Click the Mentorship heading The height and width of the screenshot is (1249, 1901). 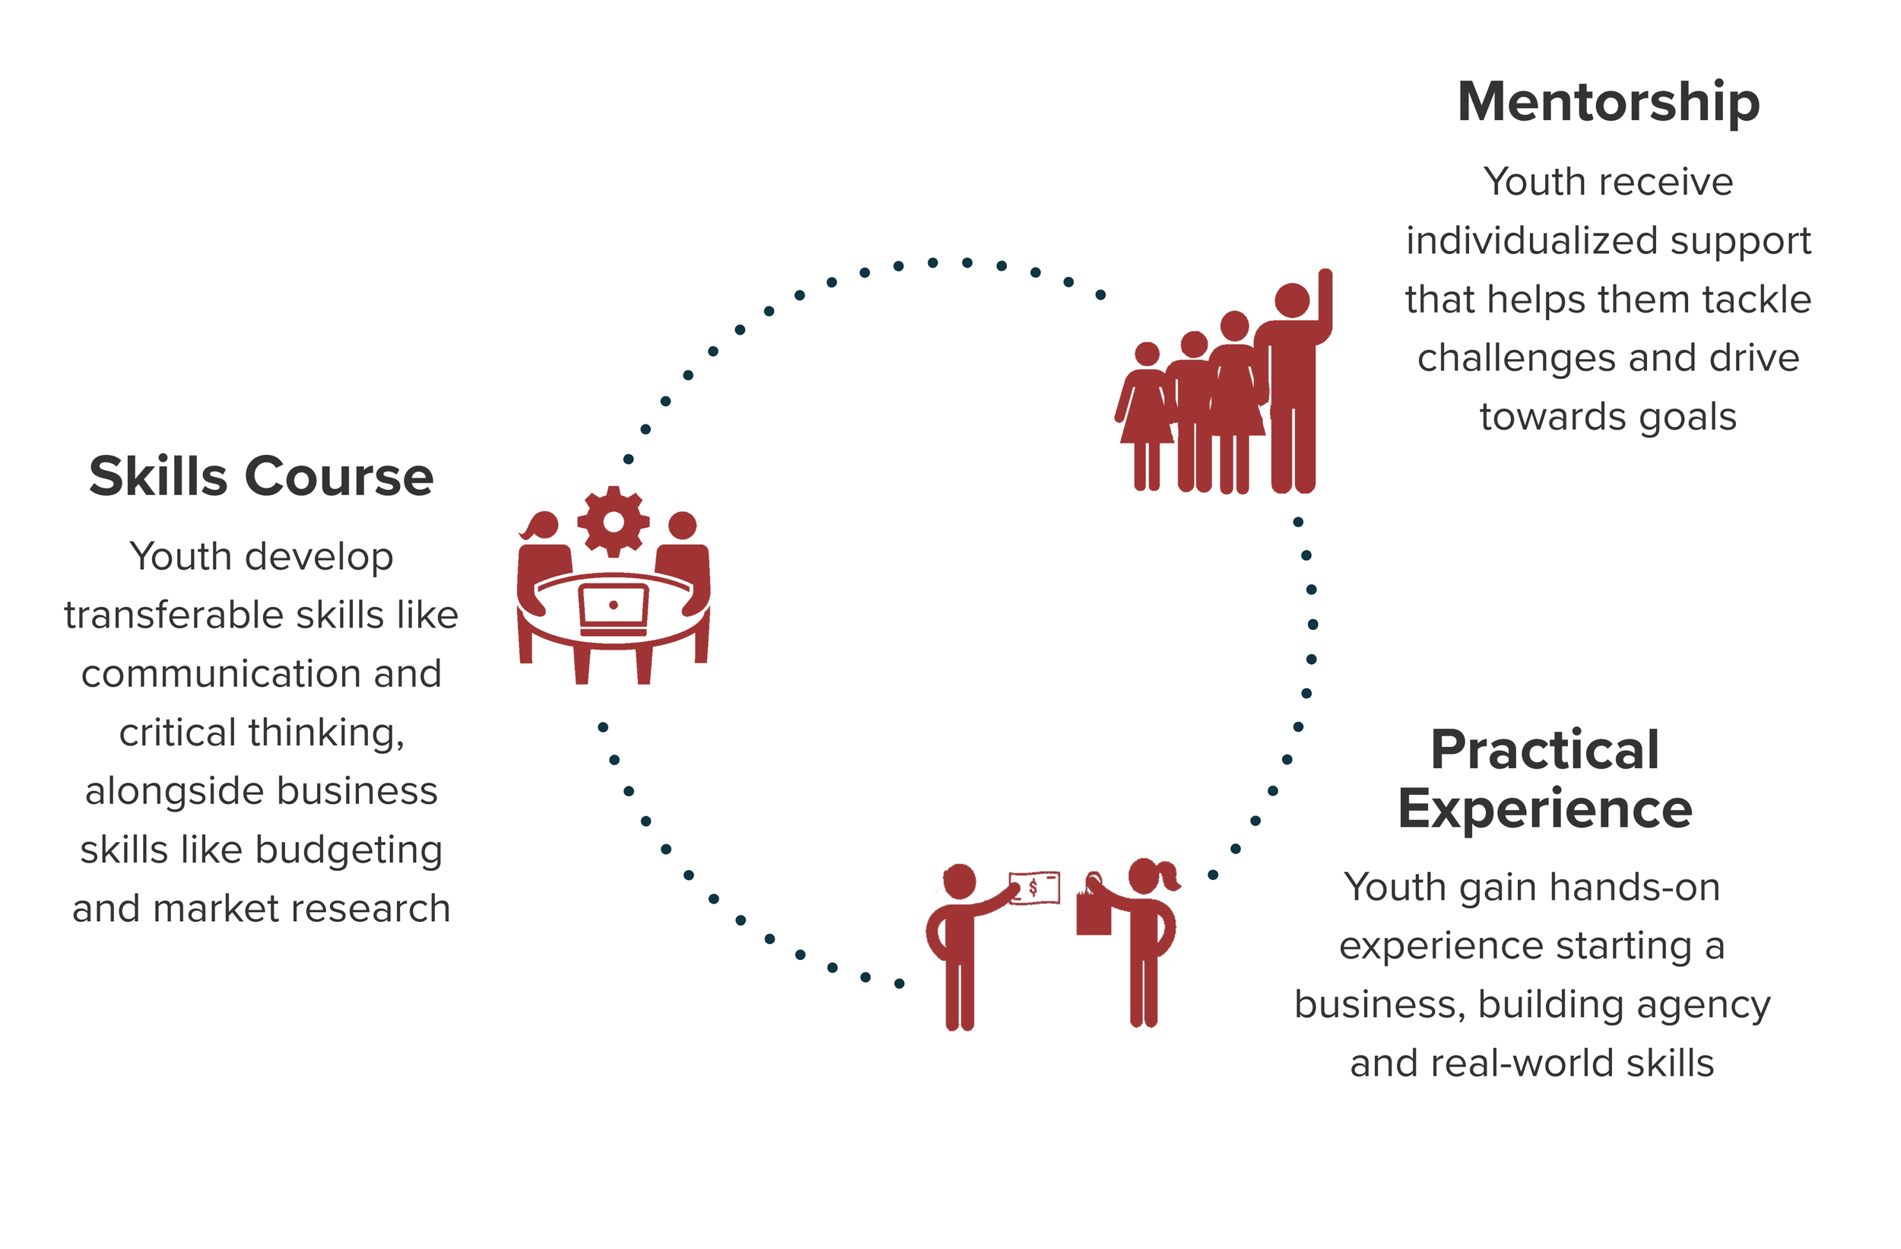[x=1607, y=102]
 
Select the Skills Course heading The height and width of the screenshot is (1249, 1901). [x=261, y=477]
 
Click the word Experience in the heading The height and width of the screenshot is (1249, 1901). [x=1544, y=809]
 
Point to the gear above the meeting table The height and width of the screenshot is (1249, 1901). [x=614, y=522]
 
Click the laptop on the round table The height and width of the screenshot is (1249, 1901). [x=614, y=609]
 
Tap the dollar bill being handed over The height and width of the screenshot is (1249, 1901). [x=1035, y=888]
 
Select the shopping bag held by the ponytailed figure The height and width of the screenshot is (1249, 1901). [x=1093, y=912]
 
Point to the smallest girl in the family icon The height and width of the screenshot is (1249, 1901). [x=1147, y=415]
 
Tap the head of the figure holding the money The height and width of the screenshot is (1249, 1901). [x=960, y=881]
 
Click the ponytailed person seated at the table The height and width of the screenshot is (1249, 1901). [x=543, y=559]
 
